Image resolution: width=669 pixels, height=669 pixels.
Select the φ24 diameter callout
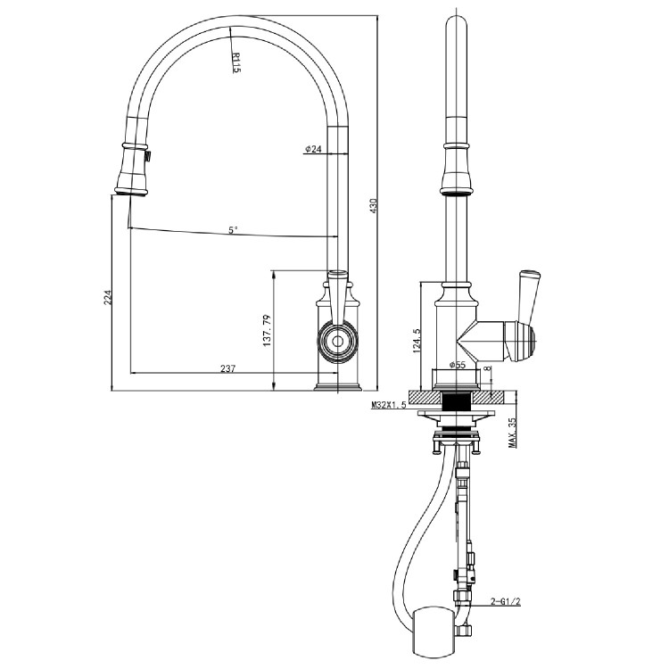tap(312, 149)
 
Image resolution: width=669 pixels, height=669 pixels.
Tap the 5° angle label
tap(233, 229)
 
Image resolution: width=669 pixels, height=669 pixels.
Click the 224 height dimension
tap(107, 297)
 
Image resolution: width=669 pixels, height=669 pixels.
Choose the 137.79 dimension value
tap(265, 330)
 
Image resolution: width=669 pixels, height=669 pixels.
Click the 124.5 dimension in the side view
tap(417, 340)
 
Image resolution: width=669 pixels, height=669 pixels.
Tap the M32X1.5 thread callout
tap(389, 406)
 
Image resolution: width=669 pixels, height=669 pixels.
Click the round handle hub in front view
tap(337, 340)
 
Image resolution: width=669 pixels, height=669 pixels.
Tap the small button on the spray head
tap(148, 158)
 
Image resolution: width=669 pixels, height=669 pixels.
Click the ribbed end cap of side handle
tap(528, 340)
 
